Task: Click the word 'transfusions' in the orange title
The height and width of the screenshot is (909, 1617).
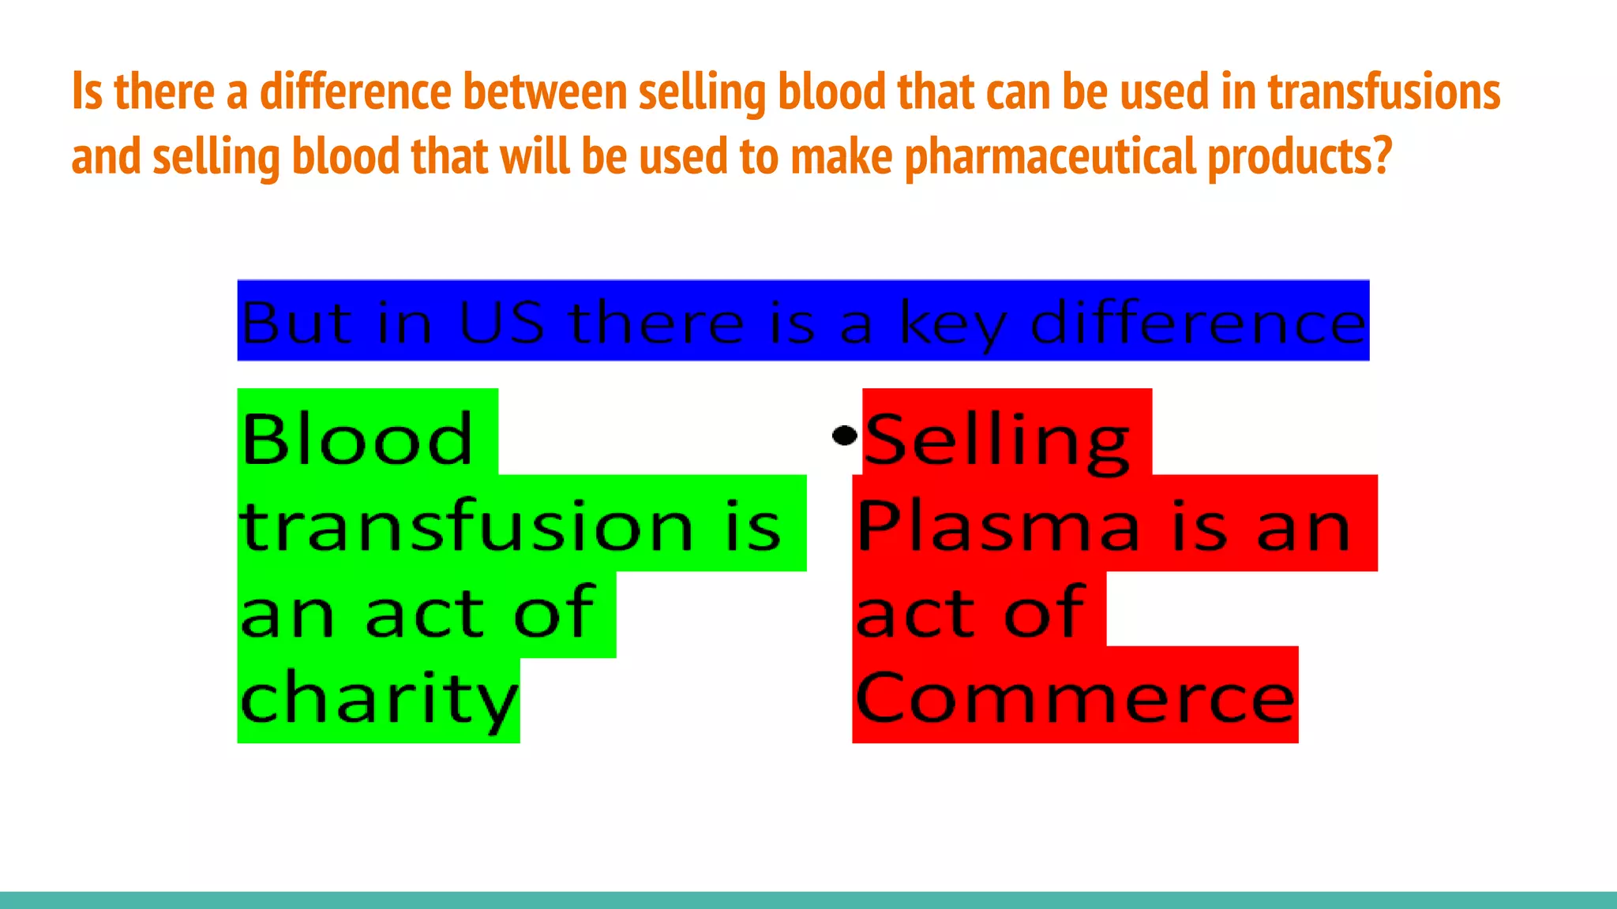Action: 1383,92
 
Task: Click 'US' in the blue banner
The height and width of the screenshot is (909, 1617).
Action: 501,323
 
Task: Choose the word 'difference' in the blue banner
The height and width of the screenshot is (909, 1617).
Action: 1198,323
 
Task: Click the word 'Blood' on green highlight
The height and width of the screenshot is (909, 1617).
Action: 357,439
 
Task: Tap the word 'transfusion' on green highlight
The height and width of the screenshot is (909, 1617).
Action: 466,526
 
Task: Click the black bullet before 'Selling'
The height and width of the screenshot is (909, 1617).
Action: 845,435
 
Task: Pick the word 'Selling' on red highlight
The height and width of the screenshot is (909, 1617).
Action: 998,440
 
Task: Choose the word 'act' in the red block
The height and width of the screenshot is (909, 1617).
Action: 916,613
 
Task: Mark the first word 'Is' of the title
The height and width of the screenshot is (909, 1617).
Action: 87,92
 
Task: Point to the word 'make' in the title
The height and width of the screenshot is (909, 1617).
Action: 842,155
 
